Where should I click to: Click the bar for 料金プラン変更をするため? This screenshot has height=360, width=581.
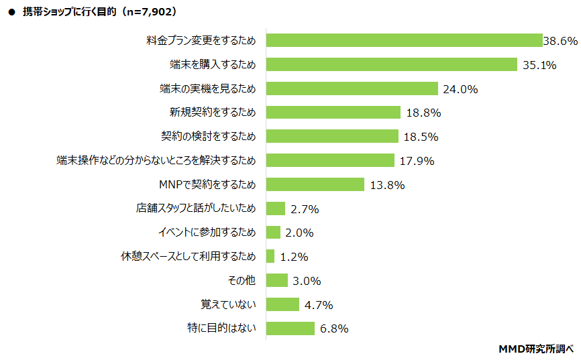[x=404, y=40]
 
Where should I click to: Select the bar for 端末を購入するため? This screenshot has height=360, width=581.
[x=392, y=64]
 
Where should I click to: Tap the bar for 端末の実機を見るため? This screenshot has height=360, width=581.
[x=352, y=88]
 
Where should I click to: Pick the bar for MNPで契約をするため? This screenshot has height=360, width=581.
[x=315, y=184]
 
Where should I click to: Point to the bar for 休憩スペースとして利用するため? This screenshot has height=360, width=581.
[x=270, y=256]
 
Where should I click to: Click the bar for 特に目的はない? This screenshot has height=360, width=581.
[x=290, y=328]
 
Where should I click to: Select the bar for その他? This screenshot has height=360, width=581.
[x=277, y=280]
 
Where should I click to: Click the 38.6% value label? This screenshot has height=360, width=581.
[x=560, y=41]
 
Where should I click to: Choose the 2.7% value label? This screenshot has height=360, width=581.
[x=305, y=209]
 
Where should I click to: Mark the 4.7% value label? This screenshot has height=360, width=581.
[x=319, y=305]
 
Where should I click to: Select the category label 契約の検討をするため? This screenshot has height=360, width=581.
[x=208, y=136]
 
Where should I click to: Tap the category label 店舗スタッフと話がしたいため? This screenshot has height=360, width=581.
[x=196, y=208]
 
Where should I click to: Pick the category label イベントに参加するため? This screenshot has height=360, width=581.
[x=207, y=233]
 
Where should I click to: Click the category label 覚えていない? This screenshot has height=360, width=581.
[x=228, y=304]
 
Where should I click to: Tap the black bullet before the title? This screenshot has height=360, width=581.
[x=11, y=12]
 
